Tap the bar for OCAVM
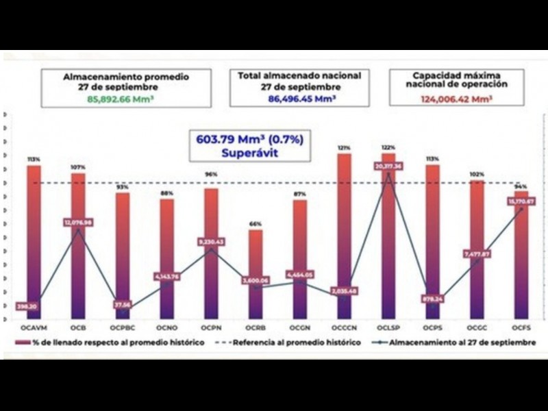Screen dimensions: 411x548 point(34,233)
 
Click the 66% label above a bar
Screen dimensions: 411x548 point(255,224)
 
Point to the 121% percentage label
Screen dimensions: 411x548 point(344,147)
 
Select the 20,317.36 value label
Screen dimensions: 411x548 point(388,166)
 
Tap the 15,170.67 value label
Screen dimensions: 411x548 point(521,201)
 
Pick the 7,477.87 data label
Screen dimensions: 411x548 point(477,253)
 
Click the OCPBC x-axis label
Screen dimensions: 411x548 point(123,329)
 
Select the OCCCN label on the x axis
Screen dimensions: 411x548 point(344,329)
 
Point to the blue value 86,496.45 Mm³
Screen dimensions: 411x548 point(299,99)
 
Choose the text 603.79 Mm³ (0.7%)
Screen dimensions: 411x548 point(250,138)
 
